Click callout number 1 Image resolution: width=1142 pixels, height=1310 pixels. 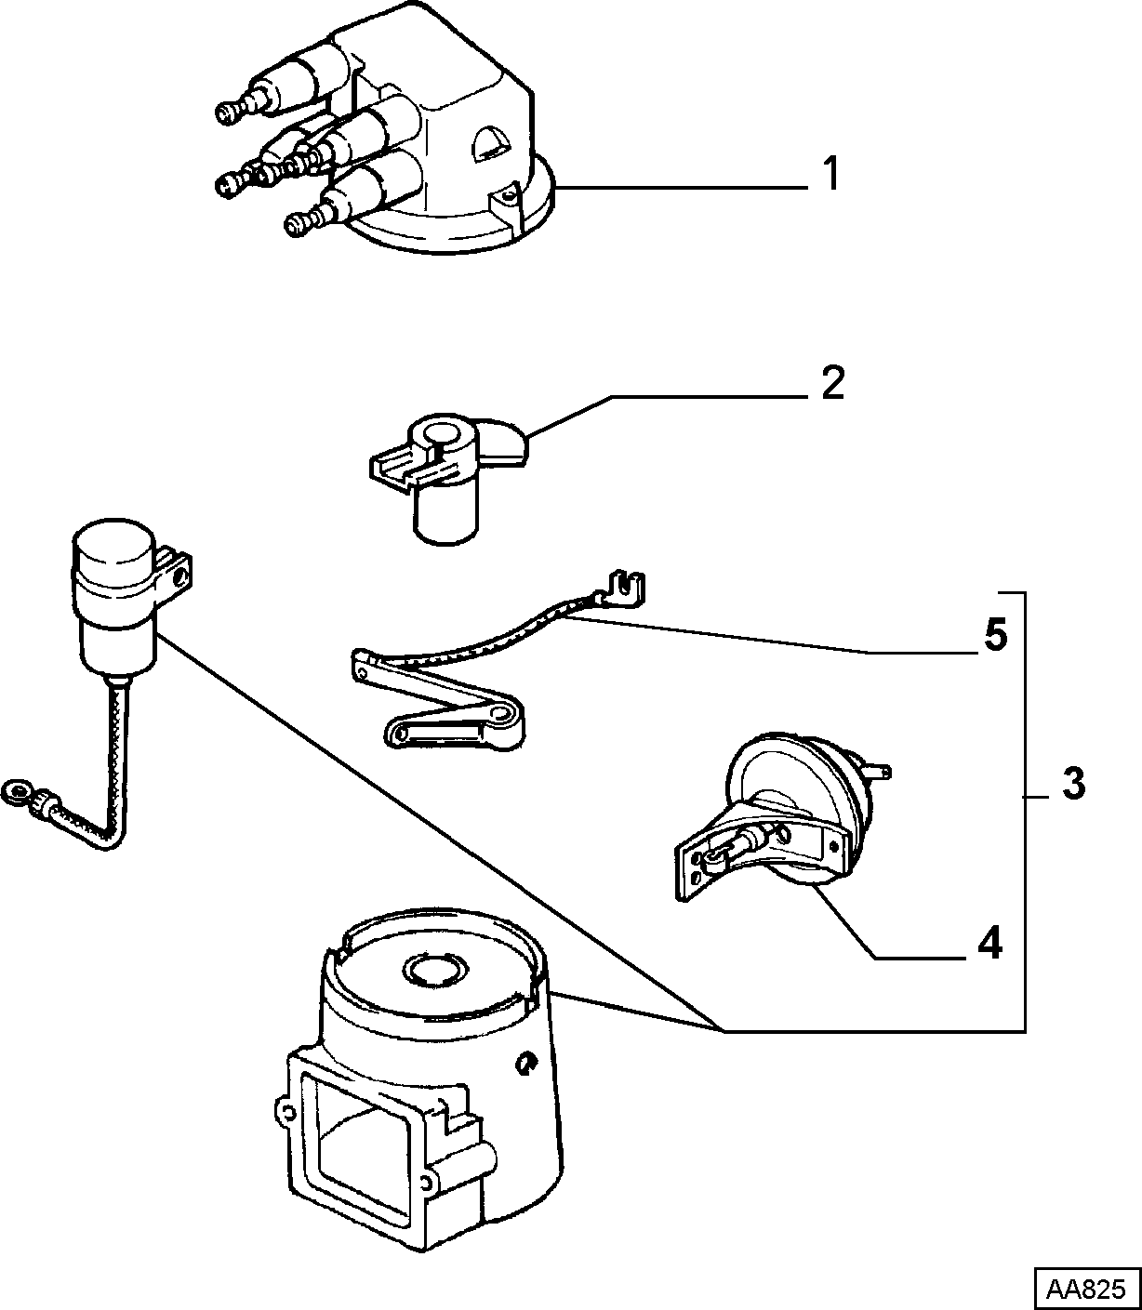[x=830, y=174]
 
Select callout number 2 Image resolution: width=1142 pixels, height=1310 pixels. [x=832, y=383]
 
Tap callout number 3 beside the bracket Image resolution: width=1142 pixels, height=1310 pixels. [x=1073, y=784]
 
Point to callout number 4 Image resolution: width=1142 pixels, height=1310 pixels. [x=990, y=943]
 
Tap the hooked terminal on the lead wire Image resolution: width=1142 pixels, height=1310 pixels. [x=625, y=589]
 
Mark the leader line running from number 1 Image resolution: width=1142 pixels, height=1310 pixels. [x=682, y=187]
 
